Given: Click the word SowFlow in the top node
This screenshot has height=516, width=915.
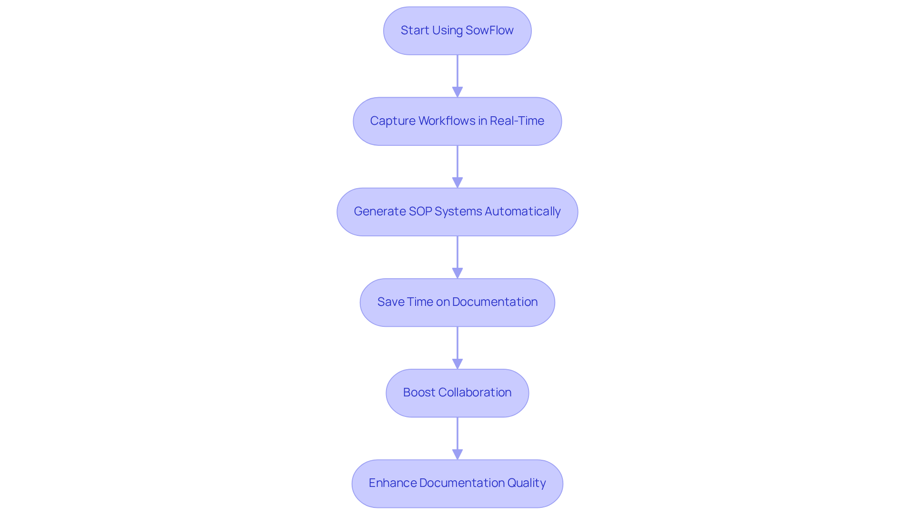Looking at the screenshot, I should click(489, 30).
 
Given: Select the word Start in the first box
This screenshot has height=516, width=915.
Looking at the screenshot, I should click(415, 30).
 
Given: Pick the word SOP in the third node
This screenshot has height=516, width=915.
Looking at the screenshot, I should click(420, 212).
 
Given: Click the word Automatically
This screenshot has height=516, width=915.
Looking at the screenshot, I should click(522, 212).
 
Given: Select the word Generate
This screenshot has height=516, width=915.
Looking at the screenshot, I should click(379, 212).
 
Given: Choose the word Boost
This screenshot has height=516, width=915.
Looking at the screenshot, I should click(418, 393).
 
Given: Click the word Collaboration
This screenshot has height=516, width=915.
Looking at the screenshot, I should click(475, 393).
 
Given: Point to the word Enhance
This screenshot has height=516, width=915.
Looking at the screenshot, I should click(392, 483).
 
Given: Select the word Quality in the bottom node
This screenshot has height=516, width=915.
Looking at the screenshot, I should click(526, 483).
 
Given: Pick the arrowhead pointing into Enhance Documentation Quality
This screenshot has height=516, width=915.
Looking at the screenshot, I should click(457, 454).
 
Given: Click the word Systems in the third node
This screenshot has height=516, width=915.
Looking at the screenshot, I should click(458, 212).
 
